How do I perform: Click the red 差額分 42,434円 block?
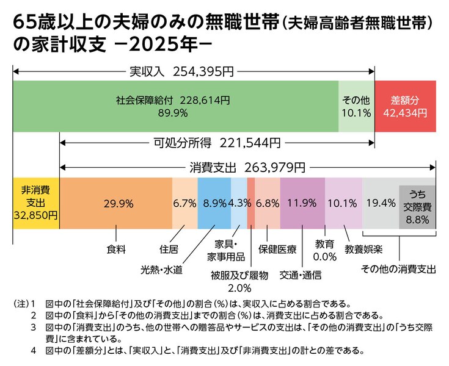click(x=405, y=106)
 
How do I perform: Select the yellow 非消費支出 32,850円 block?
click(x=36, y=203)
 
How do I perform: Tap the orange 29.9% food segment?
click(x=116, y=203)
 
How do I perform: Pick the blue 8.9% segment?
click(x=214, y=203)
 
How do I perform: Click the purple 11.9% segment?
click(x=302, y=203)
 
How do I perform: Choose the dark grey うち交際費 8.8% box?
click(x=417, y=207)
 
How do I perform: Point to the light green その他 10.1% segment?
click(x=357, y=106)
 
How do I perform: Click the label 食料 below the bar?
click(x=116, y=249)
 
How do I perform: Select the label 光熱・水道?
click(x=161, y=270)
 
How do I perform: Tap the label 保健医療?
click(x=277, y=249)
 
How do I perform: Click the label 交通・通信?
click(x=301, y=275)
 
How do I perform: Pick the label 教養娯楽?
click(x=363, y=249)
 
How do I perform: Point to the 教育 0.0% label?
click(x=325, y=251)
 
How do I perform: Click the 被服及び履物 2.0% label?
click(x=239, y=281)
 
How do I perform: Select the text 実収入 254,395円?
click(x=182, y=71)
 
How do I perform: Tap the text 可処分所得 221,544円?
click(x=217, y=142)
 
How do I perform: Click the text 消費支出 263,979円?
click(x=247, y=168)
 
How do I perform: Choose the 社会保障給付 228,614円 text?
click(x=173, y=101)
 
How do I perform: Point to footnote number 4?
click(x=34, y=351)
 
